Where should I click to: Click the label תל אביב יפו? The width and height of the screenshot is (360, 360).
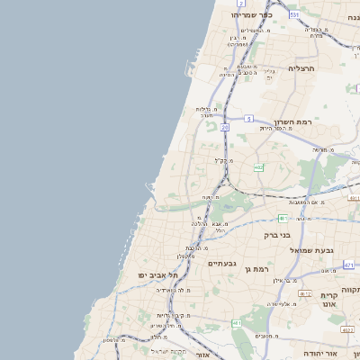pyautogui.click(x=155, y=274)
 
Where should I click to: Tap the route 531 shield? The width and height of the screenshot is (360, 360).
pyautogui.click(x=293, y=15)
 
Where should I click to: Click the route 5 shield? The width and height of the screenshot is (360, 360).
pyautogui.click(x=248, y=118)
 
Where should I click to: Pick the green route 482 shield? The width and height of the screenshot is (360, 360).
pyautogui.click(x=258, y=166)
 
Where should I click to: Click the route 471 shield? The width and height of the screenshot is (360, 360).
pyautogui.click(x=348, y=265)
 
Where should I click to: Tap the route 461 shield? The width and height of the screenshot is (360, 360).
pyautogui.click(x=236, y=322)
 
